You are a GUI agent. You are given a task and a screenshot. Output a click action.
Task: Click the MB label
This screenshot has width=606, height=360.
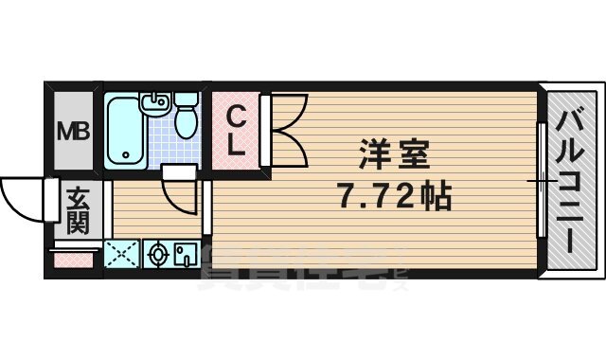coord(72,130)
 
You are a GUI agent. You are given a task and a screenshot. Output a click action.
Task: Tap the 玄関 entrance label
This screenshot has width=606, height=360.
coord(77,211)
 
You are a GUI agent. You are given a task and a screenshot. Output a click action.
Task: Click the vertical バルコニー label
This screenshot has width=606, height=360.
coord(569,180)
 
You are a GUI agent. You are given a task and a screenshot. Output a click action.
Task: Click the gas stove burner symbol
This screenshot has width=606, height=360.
coord(158,255)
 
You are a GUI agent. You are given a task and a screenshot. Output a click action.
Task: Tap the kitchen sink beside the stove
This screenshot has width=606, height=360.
coord(185,254)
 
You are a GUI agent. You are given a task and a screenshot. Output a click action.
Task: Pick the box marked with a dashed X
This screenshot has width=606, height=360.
coord(120,254)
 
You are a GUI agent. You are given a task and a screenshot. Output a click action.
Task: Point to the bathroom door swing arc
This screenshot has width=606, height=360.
coord(175,194)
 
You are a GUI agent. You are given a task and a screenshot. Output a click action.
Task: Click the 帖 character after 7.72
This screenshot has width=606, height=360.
coord(434,198)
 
